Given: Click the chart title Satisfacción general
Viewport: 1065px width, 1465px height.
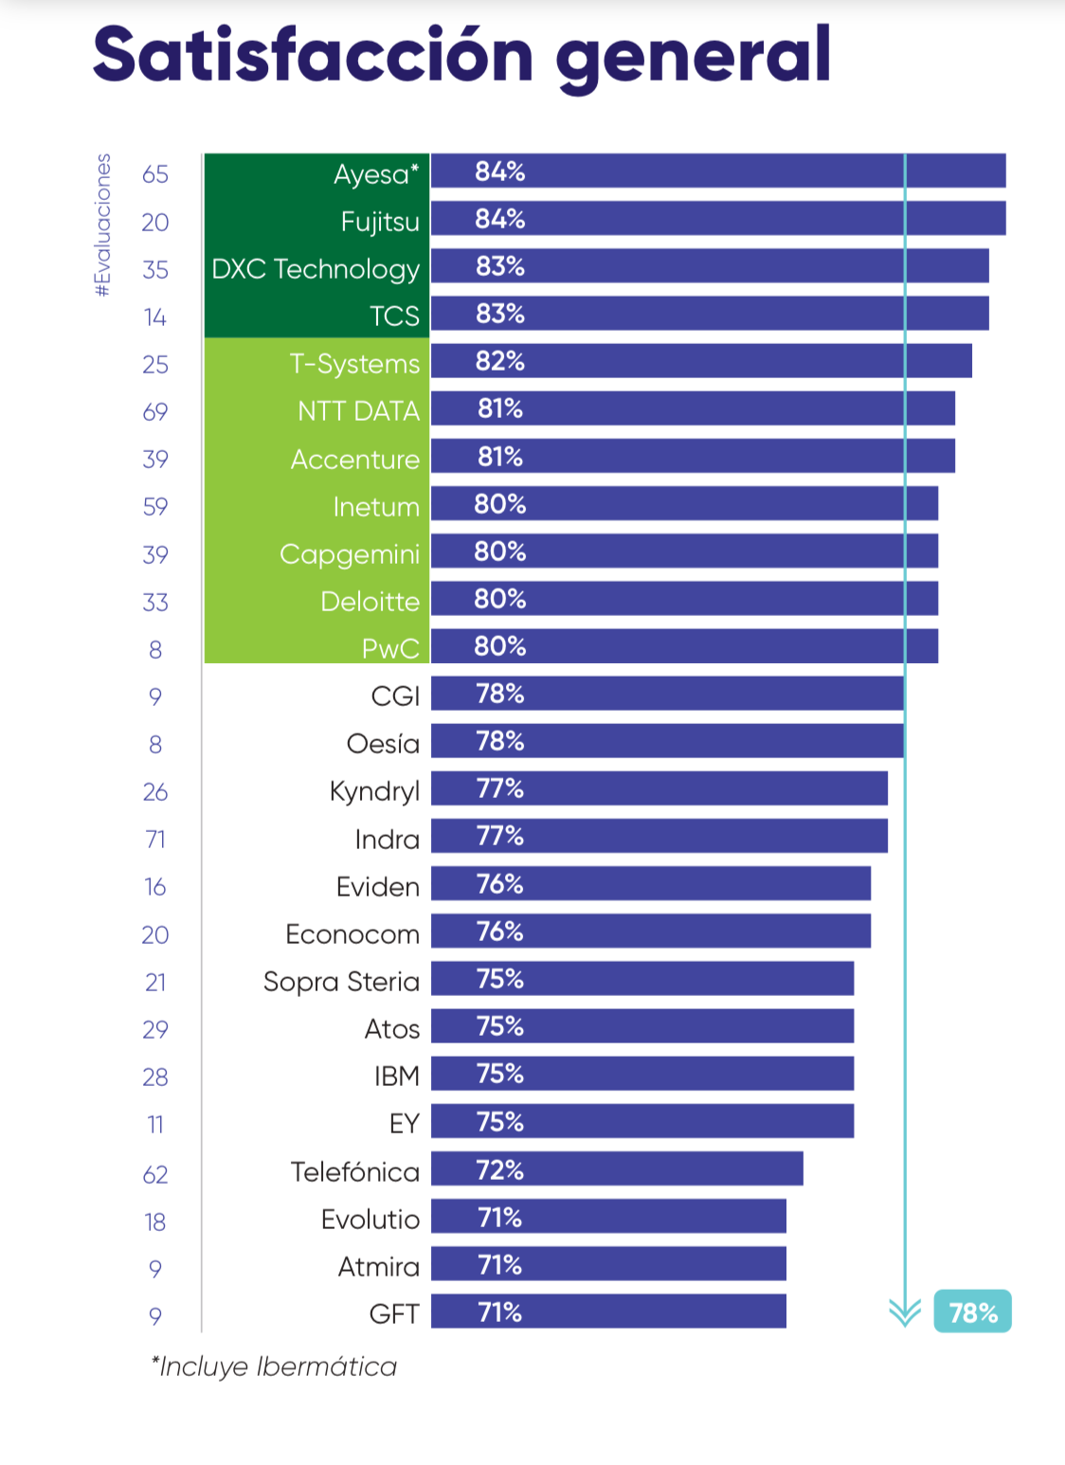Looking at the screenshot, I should coord(461,55).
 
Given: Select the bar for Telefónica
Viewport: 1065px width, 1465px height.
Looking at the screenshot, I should coord(617,1168).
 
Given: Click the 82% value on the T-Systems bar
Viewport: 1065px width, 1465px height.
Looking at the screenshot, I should coord(499,361).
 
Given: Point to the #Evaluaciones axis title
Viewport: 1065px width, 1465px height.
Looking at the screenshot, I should coord(102,226).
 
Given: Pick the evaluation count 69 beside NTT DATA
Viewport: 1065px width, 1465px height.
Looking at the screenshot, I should coord(155,412).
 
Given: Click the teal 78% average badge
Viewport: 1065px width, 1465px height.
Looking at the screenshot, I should coord(972,1312).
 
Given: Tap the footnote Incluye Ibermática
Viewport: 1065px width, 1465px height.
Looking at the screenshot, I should coord(274,1366).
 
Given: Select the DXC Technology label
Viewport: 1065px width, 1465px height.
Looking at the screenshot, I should coord(316,269).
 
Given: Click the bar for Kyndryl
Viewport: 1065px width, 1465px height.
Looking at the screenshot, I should coord(659,788).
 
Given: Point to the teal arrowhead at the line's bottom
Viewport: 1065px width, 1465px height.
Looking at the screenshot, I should coord(905,1312).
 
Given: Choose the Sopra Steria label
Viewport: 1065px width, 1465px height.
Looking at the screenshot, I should coord(341,982).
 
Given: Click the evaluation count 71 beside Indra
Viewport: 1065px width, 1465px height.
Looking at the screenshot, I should coord(155,840).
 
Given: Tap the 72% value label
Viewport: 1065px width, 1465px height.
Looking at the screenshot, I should coord(499,1169).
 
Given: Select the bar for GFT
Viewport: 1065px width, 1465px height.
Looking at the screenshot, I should coord(608,1311).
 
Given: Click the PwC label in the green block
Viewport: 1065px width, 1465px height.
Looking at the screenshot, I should coord(390,649).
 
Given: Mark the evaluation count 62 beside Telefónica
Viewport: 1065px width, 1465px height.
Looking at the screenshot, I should coord(155,1175).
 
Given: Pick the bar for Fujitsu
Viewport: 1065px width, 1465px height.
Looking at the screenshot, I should coord(718,219).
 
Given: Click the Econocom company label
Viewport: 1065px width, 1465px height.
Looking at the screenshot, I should coord(352,934).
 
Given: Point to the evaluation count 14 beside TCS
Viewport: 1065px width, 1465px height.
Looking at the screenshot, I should coord(155,317).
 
